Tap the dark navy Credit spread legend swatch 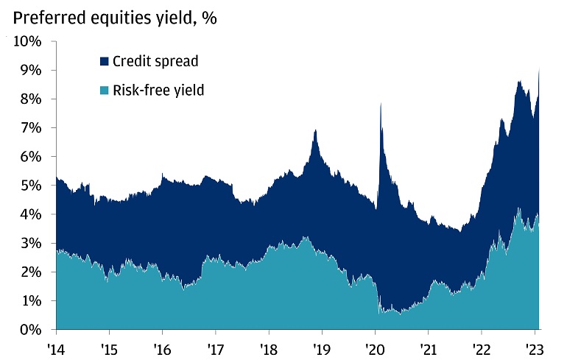pos(104,60)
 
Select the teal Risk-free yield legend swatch pos(104,91)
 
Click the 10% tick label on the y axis pos(29,41)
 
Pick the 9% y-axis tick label pos(32,70)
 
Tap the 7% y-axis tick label pos(32,128)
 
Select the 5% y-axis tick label pos(32,186)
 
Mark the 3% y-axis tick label pos(32,243)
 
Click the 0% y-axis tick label pos(32,330)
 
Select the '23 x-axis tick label pos(535,347)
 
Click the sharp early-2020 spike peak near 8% pos(380,104)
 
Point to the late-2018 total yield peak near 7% pos(316,130)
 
